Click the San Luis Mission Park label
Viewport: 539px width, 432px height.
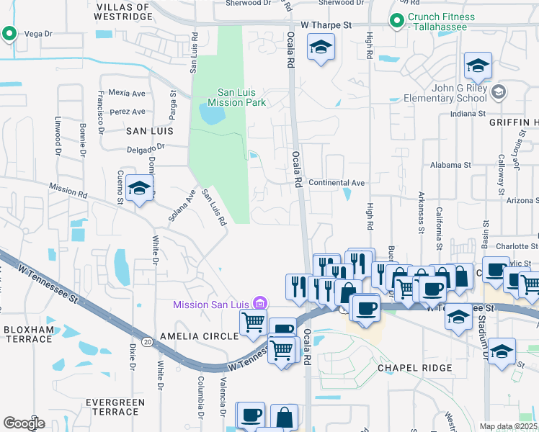(237, 97)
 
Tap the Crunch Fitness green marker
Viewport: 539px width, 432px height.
(396, 21)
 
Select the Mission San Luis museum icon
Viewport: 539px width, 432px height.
(261, 305)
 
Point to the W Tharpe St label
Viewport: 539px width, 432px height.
(326, 24)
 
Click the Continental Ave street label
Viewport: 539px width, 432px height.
(337, 183)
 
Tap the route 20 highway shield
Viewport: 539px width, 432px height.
(147, 342)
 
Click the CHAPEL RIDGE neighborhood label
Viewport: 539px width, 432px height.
(415, 368)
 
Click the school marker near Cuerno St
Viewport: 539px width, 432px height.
(139, 189)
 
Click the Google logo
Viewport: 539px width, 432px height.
(24, 423)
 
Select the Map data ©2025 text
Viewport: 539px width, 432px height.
(508, 426)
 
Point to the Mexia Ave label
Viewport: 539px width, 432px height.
(127, 93)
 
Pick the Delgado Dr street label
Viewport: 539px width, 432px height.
(146, 147)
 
